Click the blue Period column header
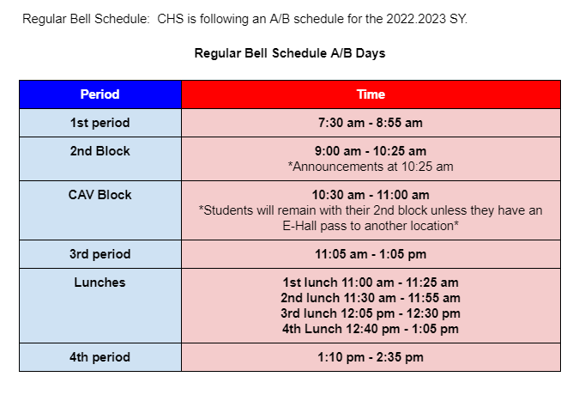coord(100,94)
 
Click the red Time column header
coord(371,94)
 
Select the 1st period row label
coord(100,123)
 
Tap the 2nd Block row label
coord(100,151)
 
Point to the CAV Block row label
coord(100,195)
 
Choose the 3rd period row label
coord(100,254)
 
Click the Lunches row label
coord(100,283)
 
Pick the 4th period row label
coord(100,357)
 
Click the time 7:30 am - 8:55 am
coord(371,123)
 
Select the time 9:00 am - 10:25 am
coord(371,151)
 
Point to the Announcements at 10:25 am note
coord(371,167)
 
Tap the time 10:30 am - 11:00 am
coord(371,195)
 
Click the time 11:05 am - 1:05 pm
coord(371,254)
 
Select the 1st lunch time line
coord(371,283)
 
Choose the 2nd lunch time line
coord(371,298)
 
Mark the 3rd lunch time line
coord(371,313)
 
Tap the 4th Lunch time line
coord(371,329)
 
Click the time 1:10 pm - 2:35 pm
coord(371,357)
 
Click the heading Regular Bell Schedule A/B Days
coord(290,53)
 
